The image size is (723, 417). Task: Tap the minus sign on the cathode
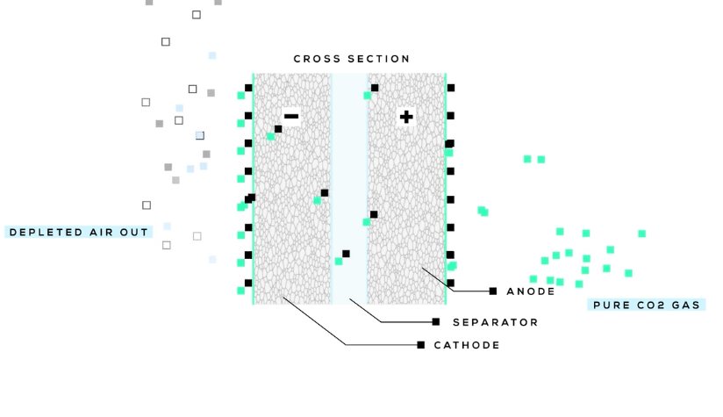tap(291, 117)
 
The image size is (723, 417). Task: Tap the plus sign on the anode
tap(405, 117)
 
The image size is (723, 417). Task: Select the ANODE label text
tap(531, 291)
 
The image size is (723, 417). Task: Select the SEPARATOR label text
tap(495, 322)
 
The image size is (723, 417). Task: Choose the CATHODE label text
tap(467, 345)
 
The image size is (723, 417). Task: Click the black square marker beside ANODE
tap(493, 291)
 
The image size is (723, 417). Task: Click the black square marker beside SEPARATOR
tap(436, 322)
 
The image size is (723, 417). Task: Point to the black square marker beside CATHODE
tap(421, 345)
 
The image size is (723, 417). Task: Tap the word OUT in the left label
tap(135, 233)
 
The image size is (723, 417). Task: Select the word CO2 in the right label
tap(648, 306)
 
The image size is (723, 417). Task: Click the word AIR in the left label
tap(103, 233)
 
